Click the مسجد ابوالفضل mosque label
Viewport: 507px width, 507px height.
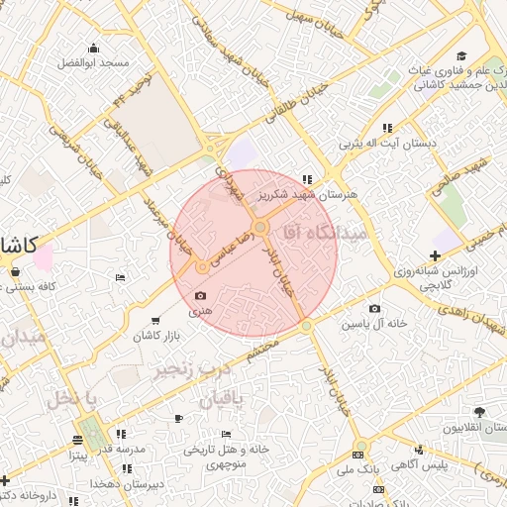pos(93,62)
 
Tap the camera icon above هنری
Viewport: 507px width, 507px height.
pos(201,295)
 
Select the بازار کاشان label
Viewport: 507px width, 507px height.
pos(157,337)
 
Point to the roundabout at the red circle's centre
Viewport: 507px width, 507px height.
pos(260,229)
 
